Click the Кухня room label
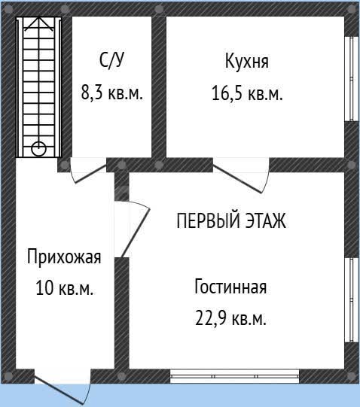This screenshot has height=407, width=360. tap(247, 61)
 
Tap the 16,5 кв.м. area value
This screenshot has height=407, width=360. tap(247, 93)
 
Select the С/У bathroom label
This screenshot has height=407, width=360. tap(111, 60)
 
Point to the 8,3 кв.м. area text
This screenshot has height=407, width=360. tap(112, 93)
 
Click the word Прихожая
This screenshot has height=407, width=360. tap(64, 257)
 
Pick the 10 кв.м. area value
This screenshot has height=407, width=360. tap(64, 287)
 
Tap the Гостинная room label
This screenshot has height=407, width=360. tap(230, 287)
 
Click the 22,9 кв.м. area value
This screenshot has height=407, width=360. tap(230, 318)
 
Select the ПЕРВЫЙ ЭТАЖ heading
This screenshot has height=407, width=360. tap(231, 220)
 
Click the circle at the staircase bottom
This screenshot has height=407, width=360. tap(38, 149)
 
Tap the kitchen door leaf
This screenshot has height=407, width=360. tap(237, 179)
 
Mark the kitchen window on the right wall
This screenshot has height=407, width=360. tap(352, 79)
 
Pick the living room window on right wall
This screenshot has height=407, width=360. tap(352, 300)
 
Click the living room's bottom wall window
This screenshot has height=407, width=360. tap(235, 376)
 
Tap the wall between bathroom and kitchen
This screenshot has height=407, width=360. tap(159, 87)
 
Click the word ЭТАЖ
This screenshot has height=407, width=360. tap(266, 220)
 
